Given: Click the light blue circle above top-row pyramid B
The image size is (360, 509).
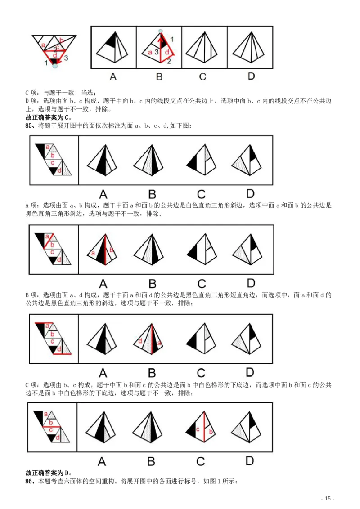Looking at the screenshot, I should tap(160, 31).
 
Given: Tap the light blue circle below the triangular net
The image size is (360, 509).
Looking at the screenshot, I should tap(55, 66).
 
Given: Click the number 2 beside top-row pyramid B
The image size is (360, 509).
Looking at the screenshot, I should tap(169, 62).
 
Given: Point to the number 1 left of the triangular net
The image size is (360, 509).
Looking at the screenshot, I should tap(46, 63).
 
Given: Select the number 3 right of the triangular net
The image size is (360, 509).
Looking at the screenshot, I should tap(66, 58).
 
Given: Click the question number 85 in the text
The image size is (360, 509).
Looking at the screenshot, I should tap(30, 125).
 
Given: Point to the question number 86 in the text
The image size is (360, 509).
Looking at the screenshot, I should tap(30, 481).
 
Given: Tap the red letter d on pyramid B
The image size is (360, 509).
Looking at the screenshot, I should tap(140, 341).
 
